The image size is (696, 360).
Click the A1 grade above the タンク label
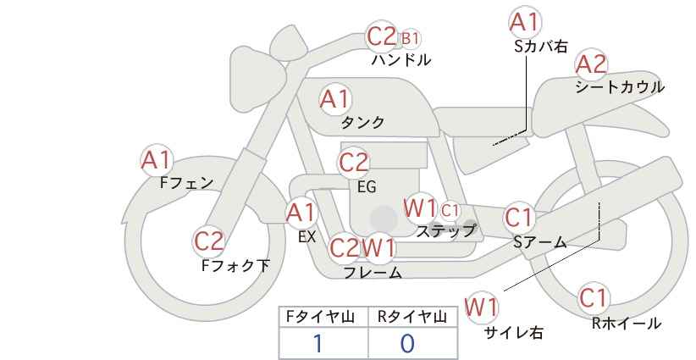[x=335, y=99]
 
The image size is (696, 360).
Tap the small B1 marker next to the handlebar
[x=410, y=39]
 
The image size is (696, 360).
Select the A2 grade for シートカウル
[x=591, y=64]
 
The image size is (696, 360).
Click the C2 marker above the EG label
[x=353, y=163]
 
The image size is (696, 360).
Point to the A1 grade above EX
[x=301, y=213]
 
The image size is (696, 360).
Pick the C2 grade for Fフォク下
[x=208, y=241]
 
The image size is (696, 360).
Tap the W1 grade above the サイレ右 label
[x=482, y=307]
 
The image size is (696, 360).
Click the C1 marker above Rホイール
[x=594, y=298]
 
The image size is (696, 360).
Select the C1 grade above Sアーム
[x=519, y=218]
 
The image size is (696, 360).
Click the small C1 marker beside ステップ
[x=450, y=210]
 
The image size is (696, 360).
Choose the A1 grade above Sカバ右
[x=525, y=22]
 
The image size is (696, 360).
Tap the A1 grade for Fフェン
[x=156, y=160]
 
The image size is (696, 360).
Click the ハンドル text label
[x=401, y=60]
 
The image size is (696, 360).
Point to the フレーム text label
[x=373, y=273]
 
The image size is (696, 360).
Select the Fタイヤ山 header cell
[x=323, y=317]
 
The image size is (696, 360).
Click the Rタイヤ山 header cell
[x=413, y=317]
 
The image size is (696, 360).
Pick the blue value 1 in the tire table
[x=318, y=344]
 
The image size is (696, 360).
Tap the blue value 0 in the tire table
[x=407, y=344]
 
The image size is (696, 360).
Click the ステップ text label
[x=445, y=231]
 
